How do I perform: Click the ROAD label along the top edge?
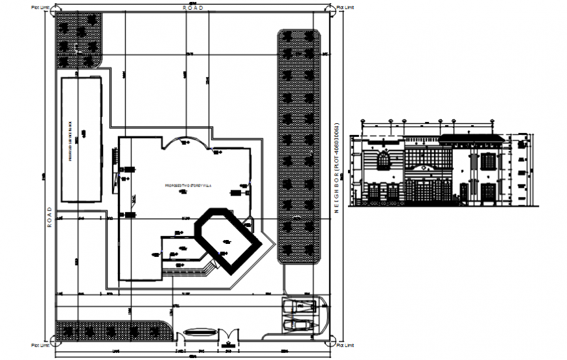point(193,7)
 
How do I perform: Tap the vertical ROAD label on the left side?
point(49,217)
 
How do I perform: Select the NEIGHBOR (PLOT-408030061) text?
point(338,168)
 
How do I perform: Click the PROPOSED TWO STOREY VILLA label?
point(185,185)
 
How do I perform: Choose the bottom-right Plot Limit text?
point(346,344)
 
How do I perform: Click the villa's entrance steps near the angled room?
point(209,266)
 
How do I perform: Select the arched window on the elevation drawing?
point(384,159)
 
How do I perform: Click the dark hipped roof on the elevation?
point(471,138)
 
